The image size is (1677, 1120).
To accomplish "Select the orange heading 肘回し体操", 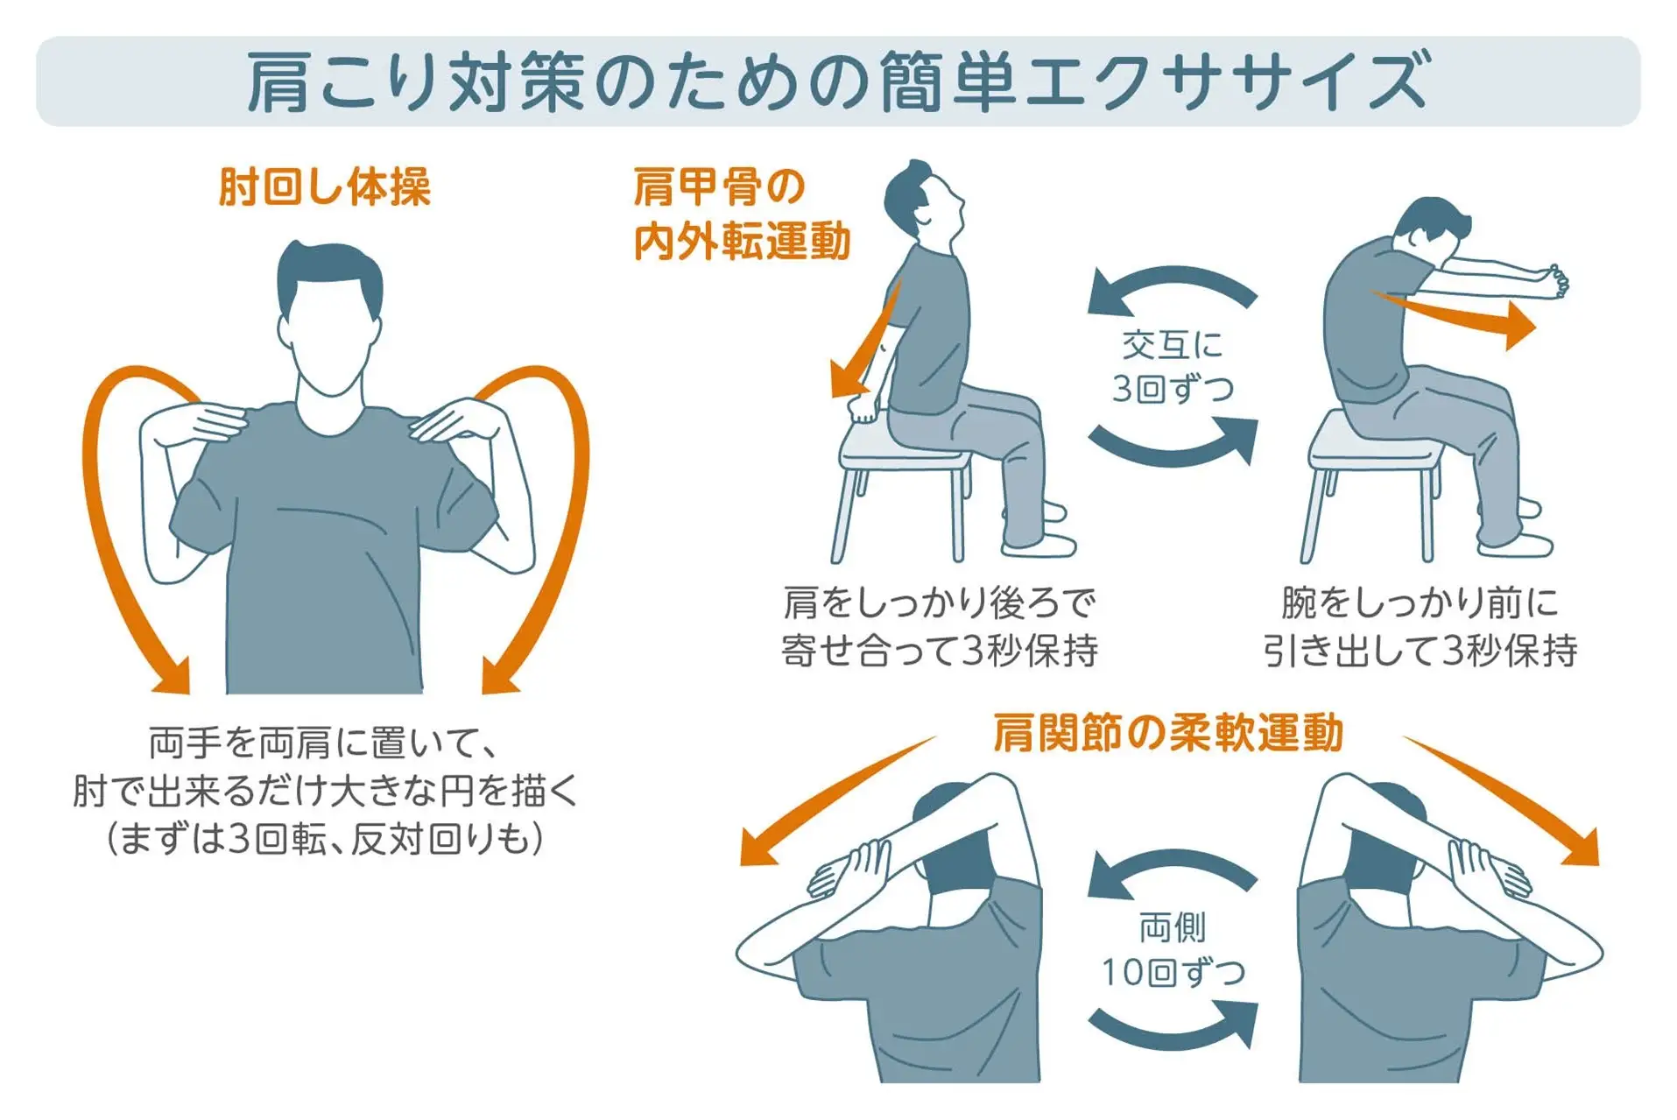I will click(324, 187).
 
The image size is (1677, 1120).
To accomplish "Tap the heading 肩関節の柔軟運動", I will click(1167, 732).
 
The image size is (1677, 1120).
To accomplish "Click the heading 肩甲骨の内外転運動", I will click(740, 215).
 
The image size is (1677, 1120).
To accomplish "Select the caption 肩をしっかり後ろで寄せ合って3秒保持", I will click(939, 626).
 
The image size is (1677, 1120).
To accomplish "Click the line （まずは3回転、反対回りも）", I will click(324, 839).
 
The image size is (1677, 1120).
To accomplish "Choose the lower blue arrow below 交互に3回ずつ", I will click(1173, 443).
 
